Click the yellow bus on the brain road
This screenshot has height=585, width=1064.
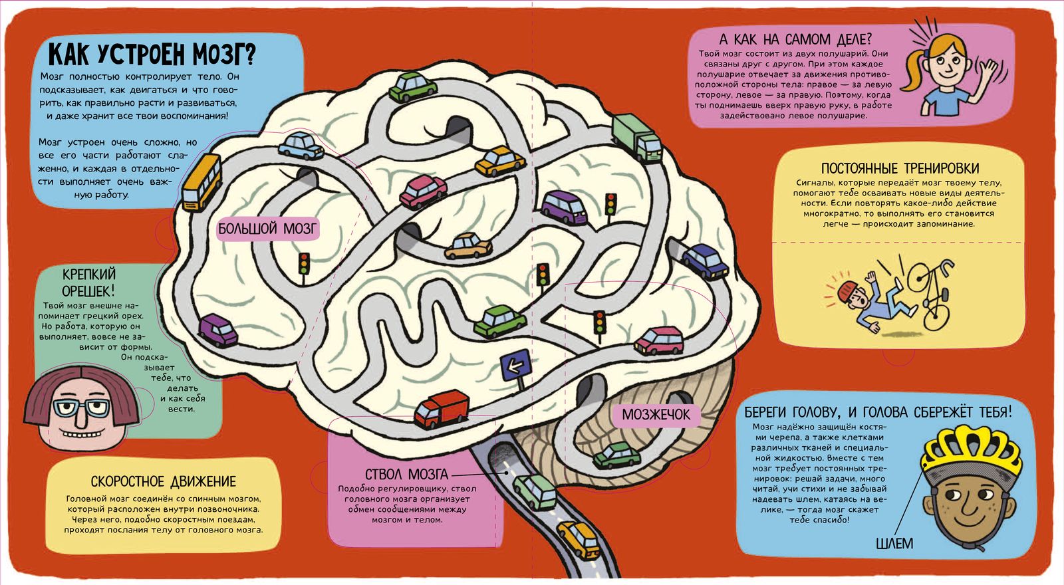(x=201, y=181)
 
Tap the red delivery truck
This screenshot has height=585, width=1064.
(x=442, y=408)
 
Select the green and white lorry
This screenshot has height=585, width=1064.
(x=636, y=138)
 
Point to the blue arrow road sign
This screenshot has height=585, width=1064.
(x=515, y=365)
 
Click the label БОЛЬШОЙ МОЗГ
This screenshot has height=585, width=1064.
(x=268, y=229)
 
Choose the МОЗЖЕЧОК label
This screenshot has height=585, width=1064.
(x=656, y=415)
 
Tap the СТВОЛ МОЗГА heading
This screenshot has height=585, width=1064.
(x=406, y=474)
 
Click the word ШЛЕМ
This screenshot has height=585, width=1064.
(x=894, y=543)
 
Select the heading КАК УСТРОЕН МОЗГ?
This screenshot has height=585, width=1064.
(x=152, y=54)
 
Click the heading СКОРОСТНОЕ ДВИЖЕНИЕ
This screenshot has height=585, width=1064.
(x=164, y=481)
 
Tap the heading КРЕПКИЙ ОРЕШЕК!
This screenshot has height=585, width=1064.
(x=88, y=283)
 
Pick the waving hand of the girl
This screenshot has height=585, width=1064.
(x=991, y=72)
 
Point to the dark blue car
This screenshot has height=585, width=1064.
(x=705, y=261)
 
